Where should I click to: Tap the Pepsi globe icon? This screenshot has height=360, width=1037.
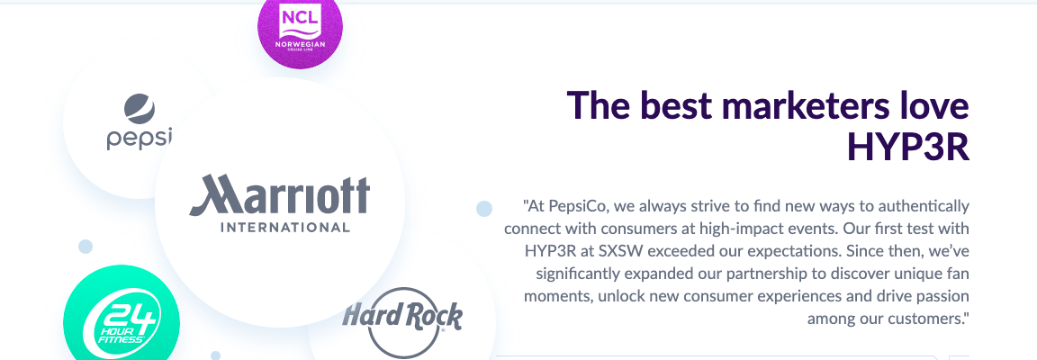click(x=139, y=109)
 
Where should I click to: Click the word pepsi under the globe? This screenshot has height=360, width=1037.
click(x=139, y=139)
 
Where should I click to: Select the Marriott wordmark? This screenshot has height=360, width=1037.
click(x=280, y=196)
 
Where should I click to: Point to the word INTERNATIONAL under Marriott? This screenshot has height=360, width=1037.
click(x=284, y=228)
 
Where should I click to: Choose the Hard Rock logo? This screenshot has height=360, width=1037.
click(x=402, y=322)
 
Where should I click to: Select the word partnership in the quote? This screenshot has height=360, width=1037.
click(x=794, y=274)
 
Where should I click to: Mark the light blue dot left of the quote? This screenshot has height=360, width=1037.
click(x=484, y=209)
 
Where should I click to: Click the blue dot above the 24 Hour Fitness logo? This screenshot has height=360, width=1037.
click(x=86, y=247)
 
